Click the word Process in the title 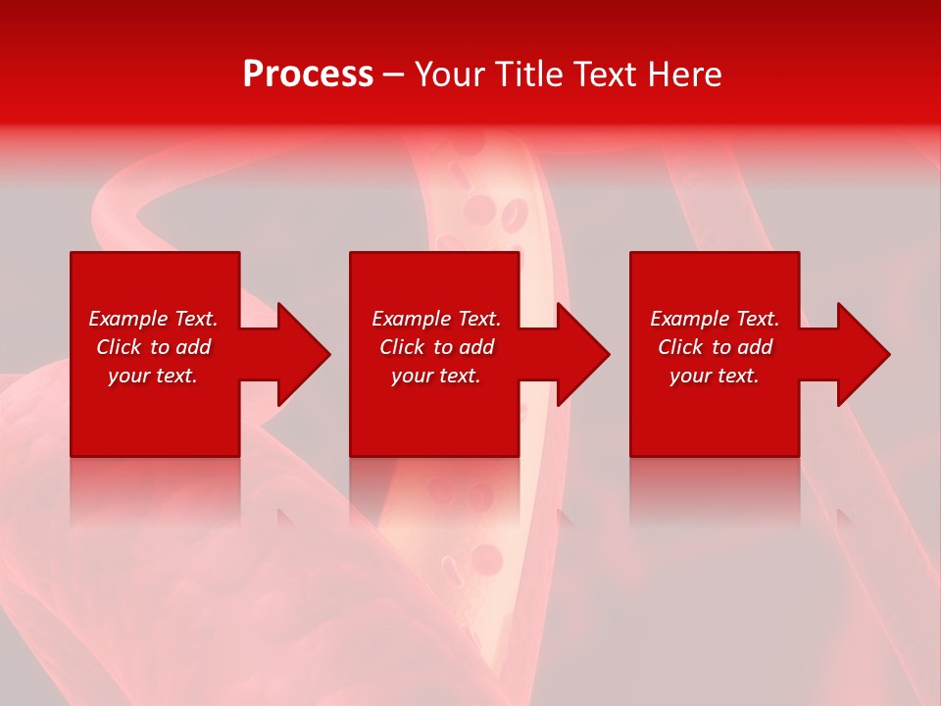point(308,75)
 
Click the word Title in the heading point(529,75)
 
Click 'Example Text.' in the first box point(153,319)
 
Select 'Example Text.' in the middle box point(436,319)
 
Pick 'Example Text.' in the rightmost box point(715,319)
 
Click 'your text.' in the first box point(153,376)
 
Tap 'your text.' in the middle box point(436,376)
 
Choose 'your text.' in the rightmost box point(715,376)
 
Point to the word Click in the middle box point(403,347)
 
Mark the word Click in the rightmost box point(681,347)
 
